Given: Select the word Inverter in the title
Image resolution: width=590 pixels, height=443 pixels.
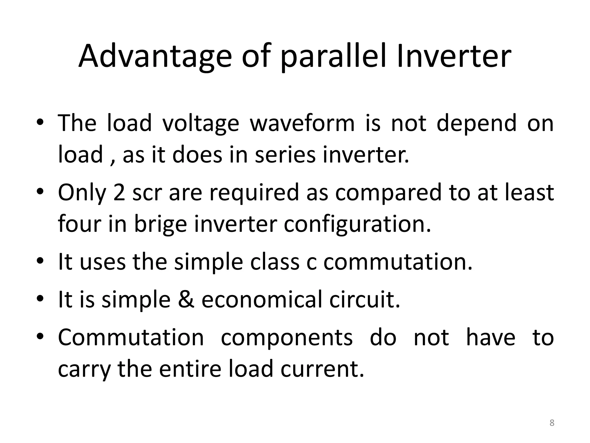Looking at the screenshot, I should pyautogui.click(x=453, y=56).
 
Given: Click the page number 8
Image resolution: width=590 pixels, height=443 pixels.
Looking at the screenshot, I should pyautogui.click(x=552, y=423).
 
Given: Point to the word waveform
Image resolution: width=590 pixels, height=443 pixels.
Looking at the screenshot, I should pyautogui.click(x=302, y=123).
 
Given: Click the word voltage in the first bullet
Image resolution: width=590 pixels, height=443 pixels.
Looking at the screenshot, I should pyautogui.click(x=201, y=123).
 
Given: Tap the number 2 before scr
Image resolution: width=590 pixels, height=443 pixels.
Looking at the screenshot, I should pyautogui.click(x=119, y=193).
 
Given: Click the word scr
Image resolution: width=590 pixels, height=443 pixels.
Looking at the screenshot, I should pyautogui.click(x=147, y=193).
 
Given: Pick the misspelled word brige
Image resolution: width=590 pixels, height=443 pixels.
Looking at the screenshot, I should pyautogui.click(x=160, y=224).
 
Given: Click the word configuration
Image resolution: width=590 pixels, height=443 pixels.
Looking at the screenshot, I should pyautogui.click(x=357, y=224).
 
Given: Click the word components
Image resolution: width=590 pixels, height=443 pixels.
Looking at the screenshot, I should pyautogui.click(x=287, y=337).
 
